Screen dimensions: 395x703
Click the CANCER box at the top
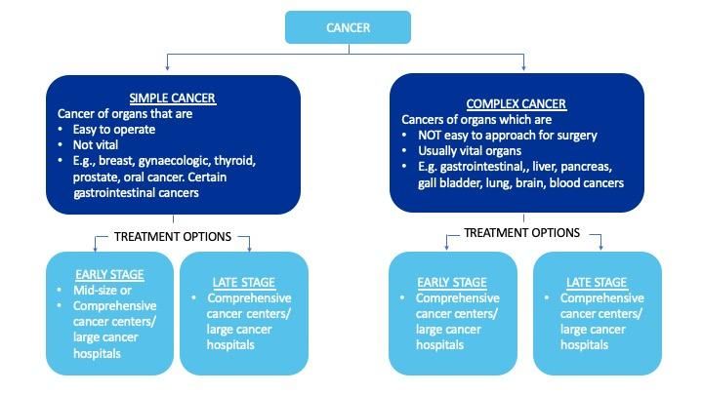pos(348,27)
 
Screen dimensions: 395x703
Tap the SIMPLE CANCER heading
pos(172,99)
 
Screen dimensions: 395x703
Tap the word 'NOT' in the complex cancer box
pos(430,136)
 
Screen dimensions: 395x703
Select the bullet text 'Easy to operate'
pos(112,129)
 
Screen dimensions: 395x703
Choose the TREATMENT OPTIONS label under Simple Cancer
pos(172,236)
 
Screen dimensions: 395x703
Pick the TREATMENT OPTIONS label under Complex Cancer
pos(520,233)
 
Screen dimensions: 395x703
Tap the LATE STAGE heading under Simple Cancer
pos(245,283)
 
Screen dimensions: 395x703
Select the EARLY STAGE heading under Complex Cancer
pos(452,283)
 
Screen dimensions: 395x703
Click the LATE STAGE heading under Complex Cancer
pos(597,283)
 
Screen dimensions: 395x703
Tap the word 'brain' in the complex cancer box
pos(531,182)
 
